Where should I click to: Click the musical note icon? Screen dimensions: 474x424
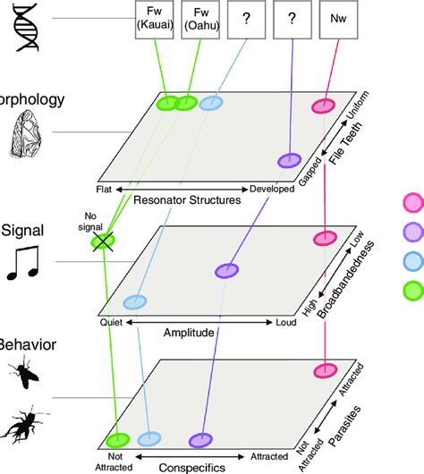point(24,260)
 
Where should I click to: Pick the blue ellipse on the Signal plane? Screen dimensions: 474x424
point(135,302)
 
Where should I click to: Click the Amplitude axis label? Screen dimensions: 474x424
point(188,332)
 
